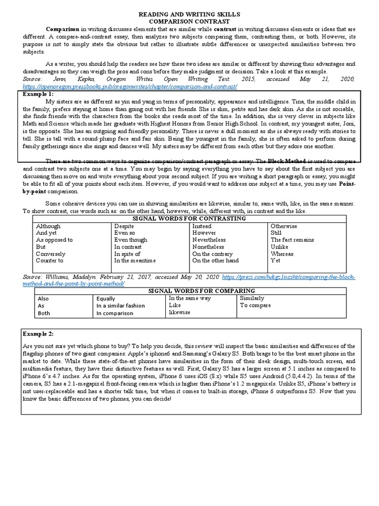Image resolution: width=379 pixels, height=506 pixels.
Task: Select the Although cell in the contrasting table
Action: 48,226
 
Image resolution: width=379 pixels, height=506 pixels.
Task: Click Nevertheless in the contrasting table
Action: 209,240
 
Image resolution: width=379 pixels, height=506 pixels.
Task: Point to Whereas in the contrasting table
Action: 282,253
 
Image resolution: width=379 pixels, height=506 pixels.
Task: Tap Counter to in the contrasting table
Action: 49,260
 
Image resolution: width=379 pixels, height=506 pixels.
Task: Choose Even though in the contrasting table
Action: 130,240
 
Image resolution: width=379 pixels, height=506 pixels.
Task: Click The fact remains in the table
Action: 292,240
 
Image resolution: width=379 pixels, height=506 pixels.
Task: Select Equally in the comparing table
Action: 106,299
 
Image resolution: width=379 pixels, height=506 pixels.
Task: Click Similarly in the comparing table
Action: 252,298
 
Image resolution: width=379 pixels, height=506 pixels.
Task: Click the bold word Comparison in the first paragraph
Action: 63,29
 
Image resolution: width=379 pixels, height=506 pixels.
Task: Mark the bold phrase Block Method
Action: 285,162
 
